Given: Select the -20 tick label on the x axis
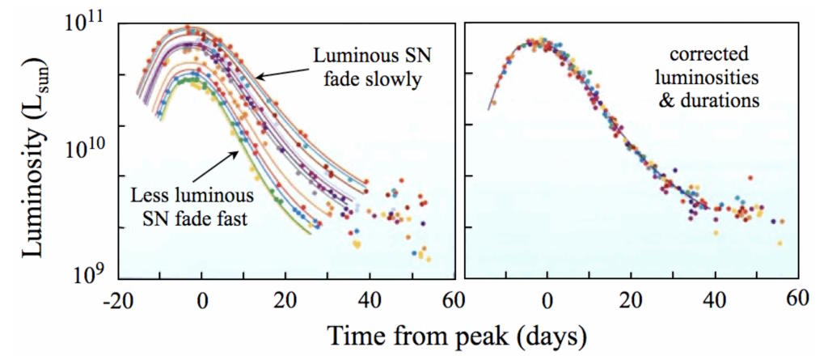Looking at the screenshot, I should (x=117, y=299).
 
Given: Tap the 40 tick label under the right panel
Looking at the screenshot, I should (x=714, y=299).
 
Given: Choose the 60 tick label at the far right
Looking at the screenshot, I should (x=796, y=299).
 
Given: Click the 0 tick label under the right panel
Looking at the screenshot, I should (x=547, y=299).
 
